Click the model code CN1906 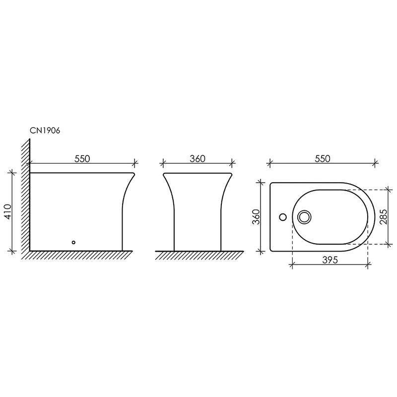pos(45,131)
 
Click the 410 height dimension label pos(7,212)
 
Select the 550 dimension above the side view pos(82,159)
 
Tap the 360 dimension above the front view pos(198,159)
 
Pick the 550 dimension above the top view pos(323,159)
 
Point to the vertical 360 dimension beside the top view pos(256,217)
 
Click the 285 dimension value pos(383,217)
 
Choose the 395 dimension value pos(330,260)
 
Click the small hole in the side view pos(73,242)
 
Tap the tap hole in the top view pos(283,217)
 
